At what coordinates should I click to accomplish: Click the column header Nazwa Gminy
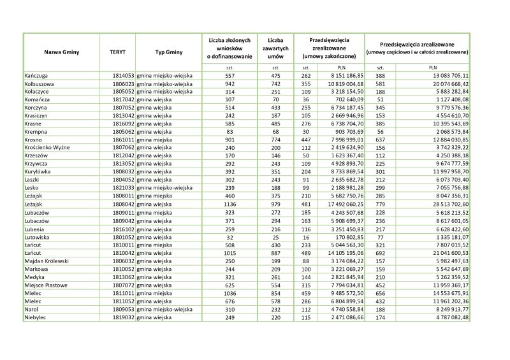point(61,50)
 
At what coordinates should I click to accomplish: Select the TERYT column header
point(117,50)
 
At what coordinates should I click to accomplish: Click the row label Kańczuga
point(37,76)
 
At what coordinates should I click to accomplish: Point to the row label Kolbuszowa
point(40,83)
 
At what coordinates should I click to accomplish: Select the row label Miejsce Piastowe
point(46,285)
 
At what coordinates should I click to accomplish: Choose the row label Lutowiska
point(38,236)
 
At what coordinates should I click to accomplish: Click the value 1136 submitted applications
point(230,205)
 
